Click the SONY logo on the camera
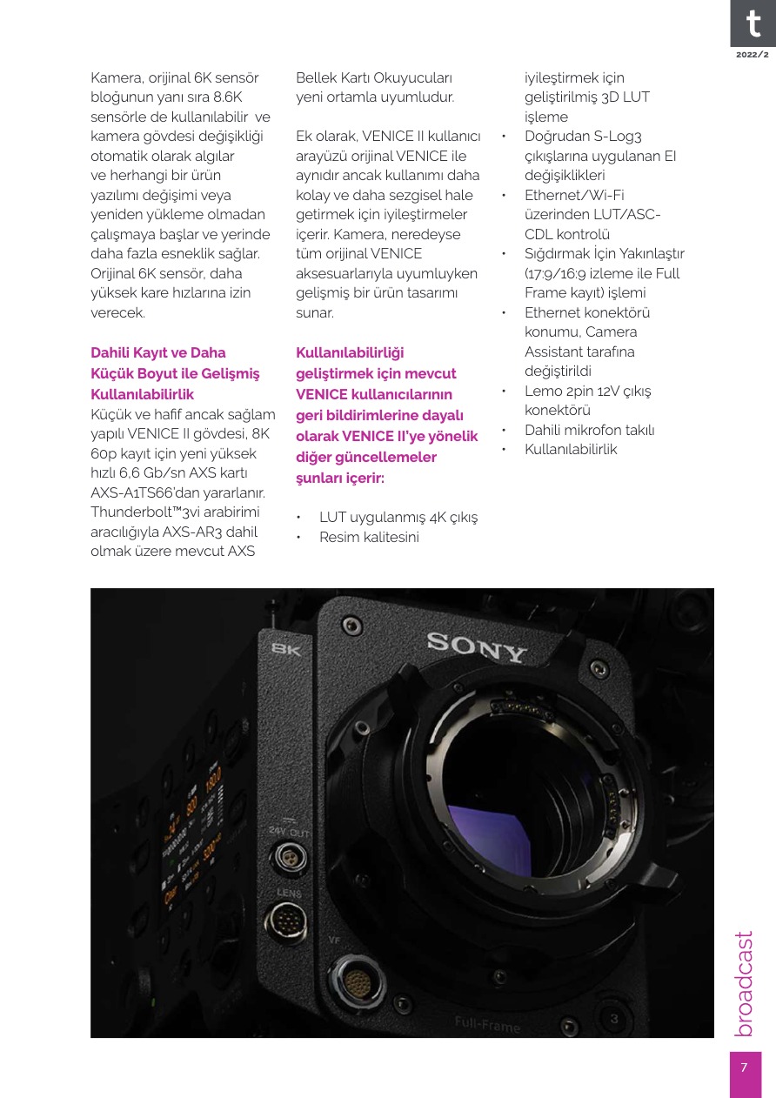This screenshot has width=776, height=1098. click(477, 646)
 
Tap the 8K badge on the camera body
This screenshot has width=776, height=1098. click(286, 648)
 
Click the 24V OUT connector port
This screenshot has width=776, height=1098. click(284, 857)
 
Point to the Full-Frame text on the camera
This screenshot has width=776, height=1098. click(487, 1024)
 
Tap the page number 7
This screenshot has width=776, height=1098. click(744, 1068)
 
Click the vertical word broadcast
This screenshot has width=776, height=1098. click(744, 983)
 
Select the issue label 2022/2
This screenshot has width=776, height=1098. click(753, 54)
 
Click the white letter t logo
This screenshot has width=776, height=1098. click(752, 23)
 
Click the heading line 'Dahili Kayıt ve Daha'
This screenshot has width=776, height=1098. click(158, 352)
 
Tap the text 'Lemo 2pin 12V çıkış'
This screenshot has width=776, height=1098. click(587, 391)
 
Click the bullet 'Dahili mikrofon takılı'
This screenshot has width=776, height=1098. click(589, 430)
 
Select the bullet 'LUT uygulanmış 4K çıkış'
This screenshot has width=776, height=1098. click(398, 518)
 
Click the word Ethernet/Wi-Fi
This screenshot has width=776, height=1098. click(574, 195)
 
